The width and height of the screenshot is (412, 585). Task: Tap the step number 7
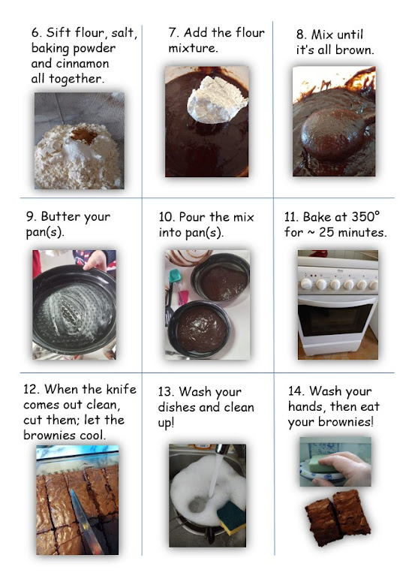click(173, 33)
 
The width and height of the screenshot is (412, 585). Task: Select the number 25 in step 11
click(326, 233)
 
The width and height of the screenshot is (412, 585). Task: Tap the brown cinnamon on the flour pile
click(85, 135)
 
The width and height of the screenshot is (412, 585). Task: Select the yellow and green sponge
click(232, 517)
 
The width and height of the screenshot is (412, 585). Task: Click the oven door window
click(335, 320)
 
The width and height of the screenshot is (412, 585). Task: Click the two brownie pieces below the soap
click(338, 517)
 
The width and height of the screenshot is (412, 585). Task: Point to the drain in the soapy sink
click(195, 505)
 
